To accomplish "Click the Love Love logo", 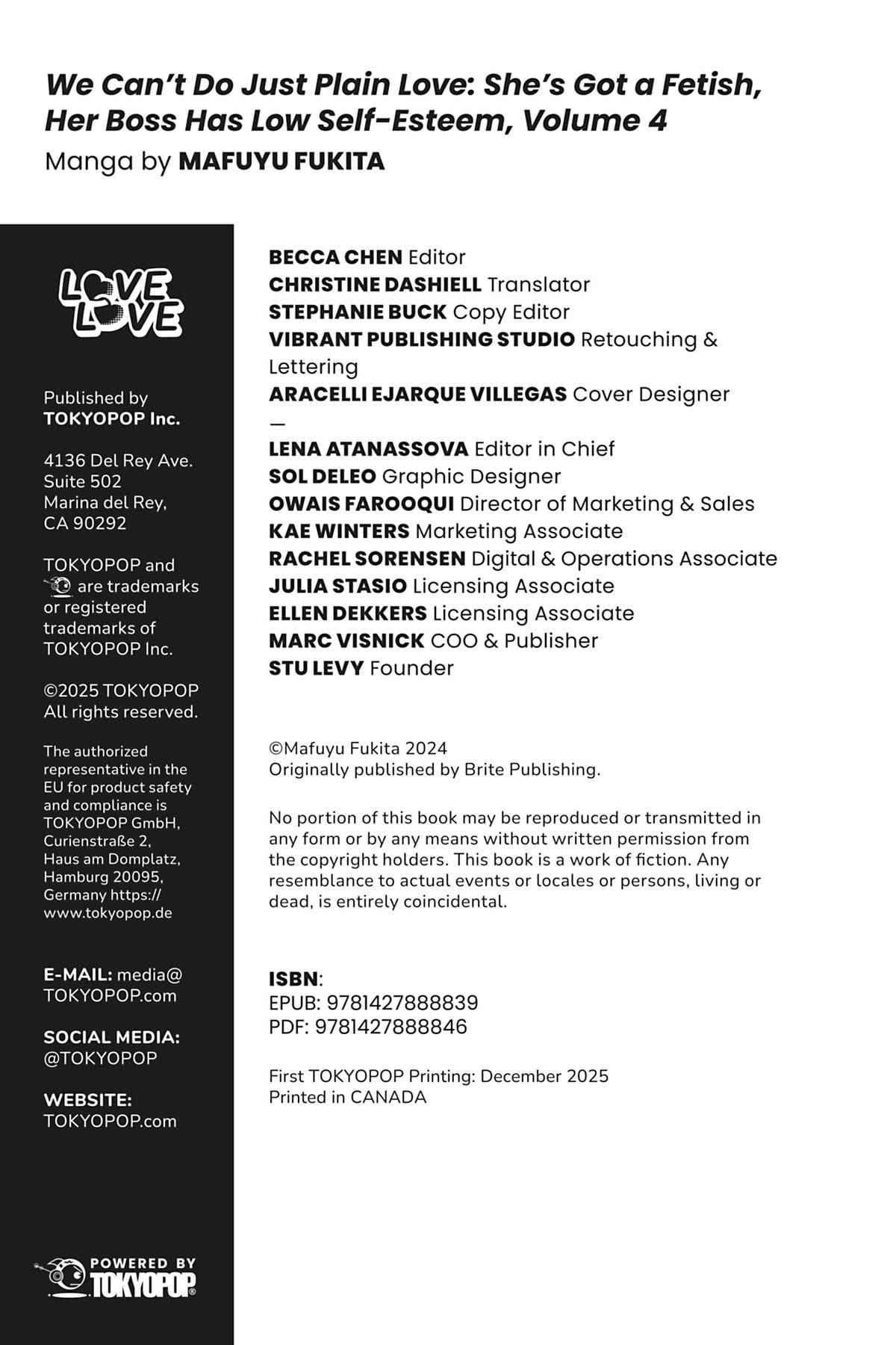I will pyautogui.click(x=121, y=302).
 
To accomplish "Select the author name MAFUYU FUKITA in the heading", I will pyautogui.click(x=281, y=161).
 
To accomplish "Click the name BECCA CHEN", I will pyautogui.click(x=335, y=257).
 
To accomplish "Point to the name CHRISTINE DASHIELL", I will pyautogui.click(x=375, y=285).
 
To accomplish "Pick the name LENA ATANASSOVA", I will pyautogui.click(x=368, y=449).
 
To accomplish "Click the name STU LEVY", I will pyautogui.click(x=316, y=668).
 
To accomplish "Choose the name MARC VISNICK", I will pyautogui.click(x=346, y=641).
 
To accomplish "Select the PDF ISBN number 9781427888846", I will pyautogui.click(x=391, y=1027).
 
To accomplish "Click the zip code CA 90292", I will pyautogui.click(x=85, y=523).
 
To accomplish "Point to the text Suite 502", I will pyautogui.click(x=82, y=481).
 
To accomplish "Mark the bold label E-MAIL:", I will pyautogui.click(x=78, y=974).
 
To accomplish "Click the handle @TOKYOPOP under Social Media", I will pyautogui.click(x=100, y=1058).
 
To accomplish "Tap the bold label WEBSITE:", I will pyautogui.click(x=87, y=1100).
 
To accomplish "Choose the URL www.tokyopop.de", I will pyautogui.click(x=108, y=913).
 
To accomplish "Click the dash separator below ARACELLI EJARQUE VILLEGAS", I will pyautogui.click(x=277, y=423).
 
